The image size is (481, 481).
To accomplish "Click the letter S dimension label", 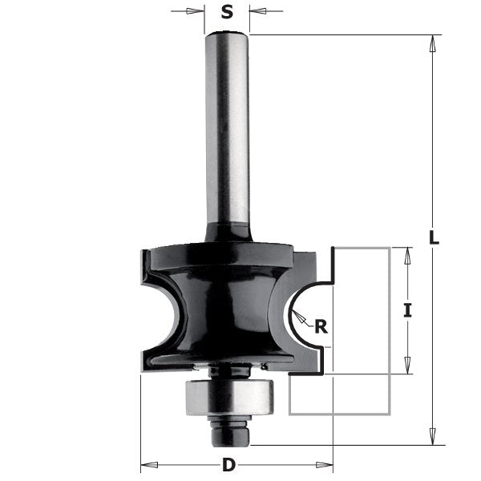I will [x=227, y=12].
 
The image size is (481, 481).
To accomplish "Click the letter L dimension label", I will [x=434, y=238].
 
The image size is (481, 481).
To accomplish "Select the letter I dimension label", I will [x=407, y=310].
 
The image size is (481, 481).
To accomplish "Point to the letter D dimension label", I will [x=229, y=464].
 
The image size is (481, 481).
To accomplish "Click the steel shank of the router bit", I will [x=228, y=128].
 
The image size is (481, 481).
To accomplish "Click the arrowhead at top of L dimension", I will [x=433, y=42].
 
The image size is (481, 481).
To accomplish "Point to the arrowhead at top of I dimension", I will [x=407, y=254].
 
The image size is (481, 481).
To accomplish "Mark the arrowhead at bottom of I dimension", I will [x=407, y=367].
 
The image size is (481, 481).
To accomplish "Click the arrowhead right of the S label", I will [x=257, y=12].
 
